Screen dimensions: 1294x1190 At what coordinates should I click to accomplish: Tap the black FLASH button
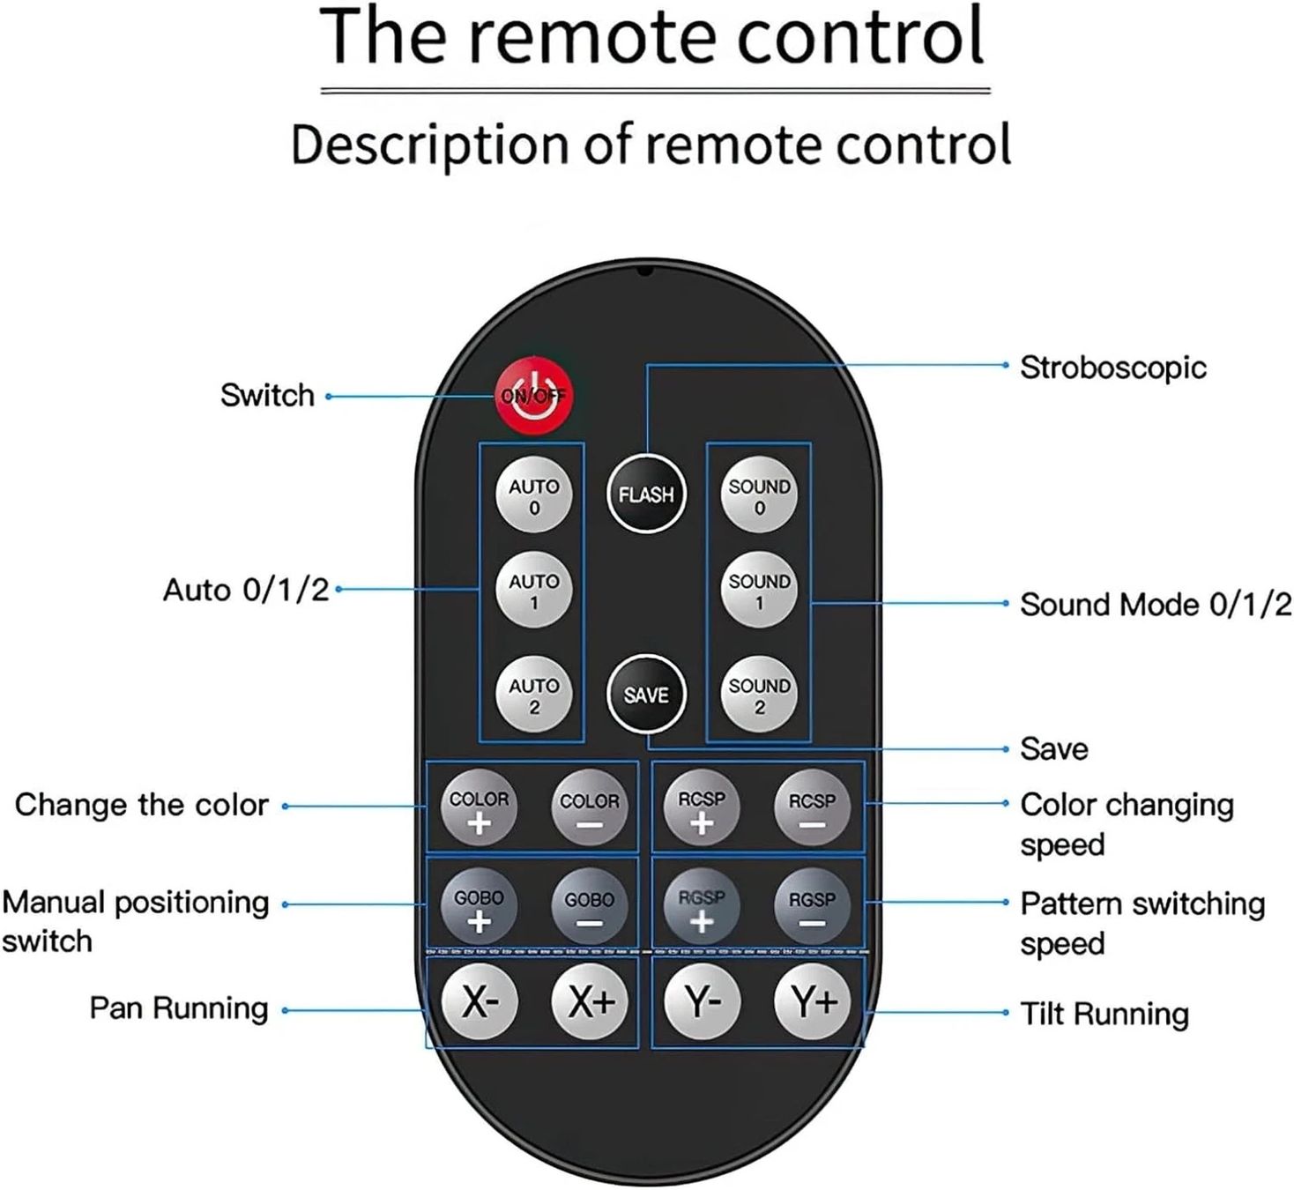pyautogui.click(x=646, y=495)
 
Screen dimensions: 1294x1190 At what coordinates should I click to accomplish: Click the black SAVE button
pyautogui.click(x=646, y=695)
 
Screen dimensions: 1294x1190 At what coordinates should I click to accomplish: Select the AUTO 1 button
pyautogui.click(x=533, y=590)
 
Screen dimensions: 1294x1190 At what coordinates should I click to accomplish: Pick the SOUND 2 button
pyautogui.click(x=759, y=695)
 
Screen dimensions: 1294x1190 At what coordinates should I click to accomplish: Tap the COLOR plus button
pyautogui.click(x=479, y=807)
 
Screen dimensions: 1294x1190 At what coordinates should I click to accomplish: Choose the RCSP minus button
pyautogui.click(x=812, y=807)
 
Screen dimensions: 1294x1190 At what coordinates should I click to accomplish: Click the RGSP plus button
pyautogui.click(x=702, y=906)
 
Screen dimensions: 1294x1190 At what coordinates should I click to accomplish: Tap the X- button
pyautogui.click(x=479, y=1002)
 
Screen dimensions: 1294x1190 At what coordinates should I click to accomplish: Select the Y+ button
pyautogui.click(x=812, y=1002)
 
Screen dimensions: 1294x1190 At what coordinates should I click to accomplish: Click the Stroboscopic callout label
pyautogui.click(x=1112, y=368)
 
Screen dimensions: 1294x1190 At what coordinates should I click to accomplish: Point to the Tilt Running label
pyautogui.click(x=1104, y=1014)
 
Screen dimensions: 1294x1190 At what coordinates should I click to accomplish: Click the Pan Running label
pyautogui.click(x=179, y=1008)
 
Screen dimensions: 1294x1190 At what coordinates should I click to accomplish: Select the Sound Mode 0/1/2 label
pyautogui.click(x=1156, y=605)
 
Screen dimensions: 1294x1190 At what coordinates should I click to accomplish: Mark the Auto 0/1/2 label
pyautogui.click(x=246, y=590)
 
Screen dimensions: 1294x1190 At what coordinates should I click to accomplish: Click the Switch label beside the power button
pyautogui.click(x=267, y=395)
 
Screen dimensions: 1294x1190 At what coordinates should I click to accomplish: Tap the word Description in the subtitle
pyautogui.click(x=430, y=145)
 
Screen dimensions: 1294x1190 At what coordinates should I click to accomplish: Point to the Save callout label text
pyautogui.click(x=1054, y=749)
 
